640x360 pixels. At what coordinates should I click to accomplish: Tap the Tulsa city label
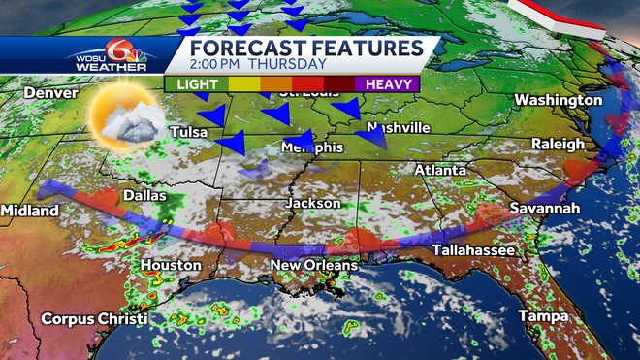tap(190, 131)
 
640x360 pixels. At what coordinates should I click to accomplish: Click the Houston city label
tap(171, 265)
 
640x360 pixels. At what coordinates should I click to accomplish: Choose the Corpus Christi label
tap(94, 318)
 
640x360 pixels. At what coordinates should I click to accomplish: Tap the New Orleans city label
tap(313, 265)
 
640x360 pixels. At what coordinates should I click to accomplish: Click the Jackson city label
tap(312, 204)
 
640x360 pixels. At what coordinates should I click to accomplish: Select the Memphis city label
tap(311, 147)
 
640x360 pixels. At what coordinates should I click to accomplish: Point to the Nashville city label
tap(397, 128)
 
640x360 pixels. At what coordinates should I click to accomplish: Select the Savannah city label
tap(545, 209)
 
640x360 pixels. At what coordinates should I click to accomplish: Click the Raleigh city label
tap(558, 145)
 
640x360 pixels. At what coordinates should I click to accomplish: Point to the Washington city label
tap(559, 101)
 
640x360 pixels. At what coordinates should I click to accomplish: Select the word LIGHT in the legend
tap(196, 83)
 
